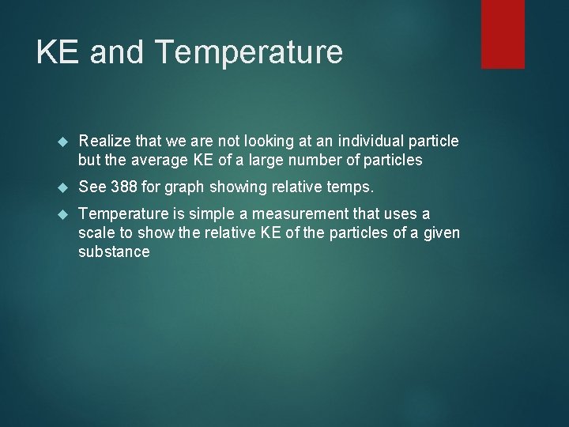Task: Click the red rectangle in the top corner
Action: (503, 33)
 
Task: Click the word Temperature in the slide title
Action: (250, 52)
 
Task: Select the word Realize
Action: (105, 141)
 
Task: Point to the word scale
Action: (96, 233)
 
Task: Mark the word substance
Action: (114, 251)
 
